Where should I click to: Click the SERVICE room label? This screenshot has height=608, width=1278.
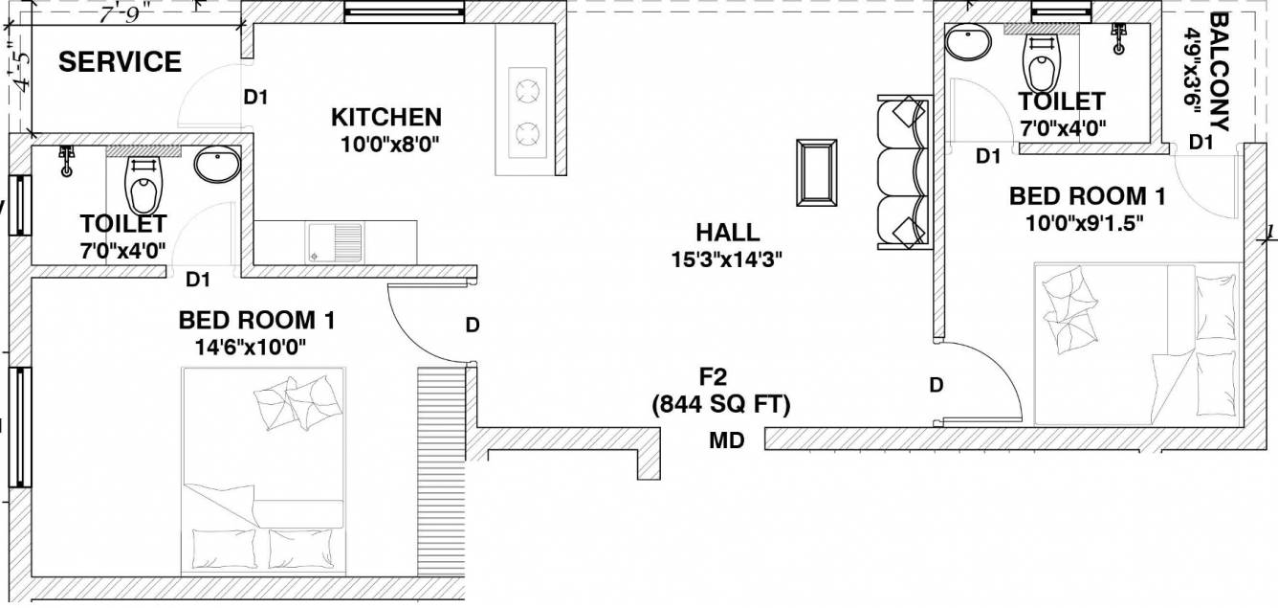pos(120,62)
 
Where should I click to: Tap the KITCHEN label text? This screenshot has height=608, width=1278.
pos(386,118)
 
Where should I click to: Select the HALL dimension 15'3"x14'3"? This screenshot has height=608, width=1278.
pos(727,259)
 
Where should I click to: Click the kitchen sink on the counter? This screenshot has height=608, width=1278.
pos(335,239)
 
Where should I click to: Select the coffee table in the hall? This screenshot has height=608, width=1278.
pos(816,172)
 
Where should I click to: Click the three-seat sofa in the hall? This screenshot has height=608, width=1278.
pos(904,172)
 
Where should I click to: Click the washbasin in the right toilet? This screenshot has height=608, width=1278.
pos(967,41)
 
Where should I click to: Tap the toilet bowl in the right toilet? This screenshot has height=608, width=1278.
pos(1041,60)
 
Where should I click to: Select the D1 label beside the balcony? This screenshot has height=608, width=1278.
pos(1201,142)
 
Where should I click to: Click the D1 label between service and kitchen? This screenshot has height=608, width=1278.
pos(255,97)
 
